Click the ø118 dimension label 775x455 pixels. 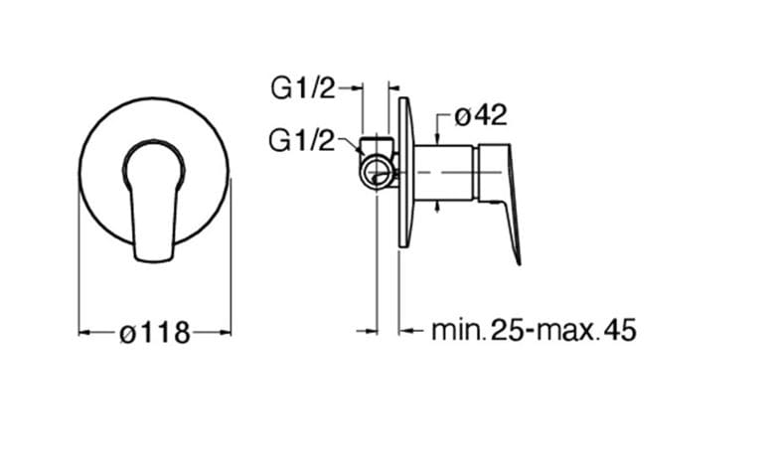tap(155, 333)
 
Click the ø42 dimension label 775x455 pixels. tap(481, 115)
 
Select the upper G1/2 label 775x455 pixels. tap(303, 89)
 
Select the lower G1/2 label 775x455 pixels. tap(301, 140)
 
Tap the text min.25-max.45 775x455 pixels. tap(534, 330)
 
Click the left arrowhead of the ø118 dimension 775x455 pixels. tap(84, 333)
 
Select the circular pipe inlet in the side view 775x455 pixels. tap(378, 173)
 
